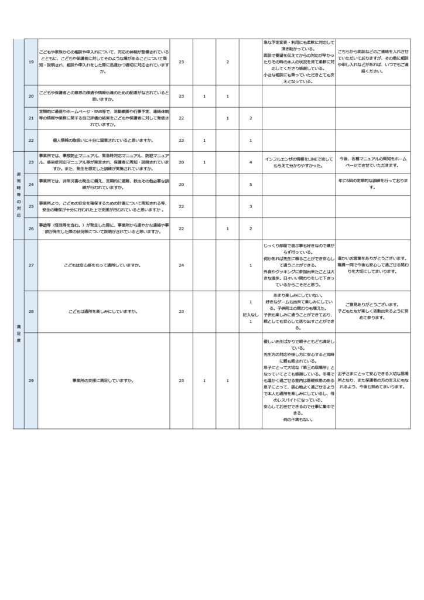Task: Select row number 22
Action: pyautogui.click(x=30, y=140)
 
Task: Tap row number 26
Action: pyautogui.click(x=30, y=228)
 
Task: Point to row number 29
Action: pyautogui.click(x=30, y=381)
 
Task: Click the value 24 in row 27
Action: pyautogui.click(x=182, y=265)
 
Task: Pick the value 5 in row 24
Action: pyautogui.click(x=250, y=184)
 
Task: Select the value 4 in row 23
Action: pyautogui.click(x=250, y=162)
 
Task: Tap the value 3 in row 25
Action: pyautogui.click(x=250, y=206)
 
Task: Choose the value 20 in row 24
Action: pyautogui.click(x=182, y=184)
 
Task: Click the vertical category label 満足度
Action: pyautogui.click(x=18, y=335)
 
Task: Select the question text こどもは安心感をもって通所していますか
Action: pyautogui.click(x=103, y=265)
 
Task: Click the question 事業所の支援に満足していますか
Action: pyautogui.click(x=103, y=381)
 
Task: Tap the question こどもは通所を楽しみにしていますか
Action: pyautogui.click(x=103, y=311)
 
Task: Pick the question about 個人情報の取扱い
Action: pyautogui.click(x=103, y=140)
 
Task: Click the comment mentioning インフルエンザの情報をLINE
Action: pyautogui.click(x=299, y=162)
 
